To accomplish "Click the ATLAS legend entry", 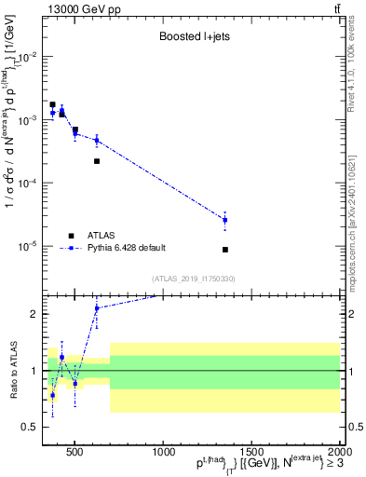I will [105, 235].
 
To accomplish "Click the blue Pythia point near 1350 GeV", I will [329, 220].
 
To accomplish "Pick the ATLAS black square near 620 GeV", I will [96, 161].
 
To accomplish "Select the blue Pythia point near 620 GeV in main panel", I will [96, 141].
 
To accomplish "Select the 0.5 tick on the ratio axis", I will [33, 427].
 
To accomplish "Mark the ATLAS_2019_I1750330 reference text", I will [193, 279].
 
